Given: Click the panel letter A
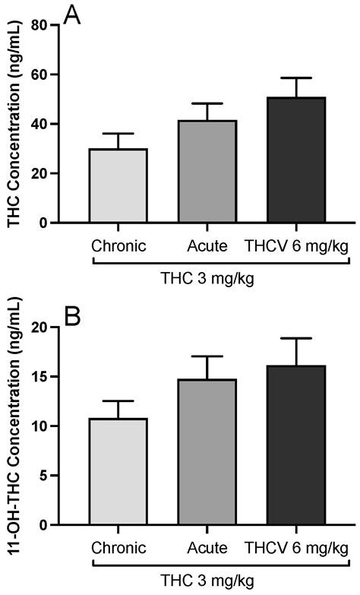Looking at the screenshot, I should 73,15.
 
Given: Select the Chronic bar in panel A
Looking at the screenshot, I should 118,185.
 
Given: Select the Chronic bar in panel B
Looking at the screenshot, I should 118,471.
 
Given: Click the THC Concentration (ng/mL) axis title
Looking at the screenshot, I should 13,124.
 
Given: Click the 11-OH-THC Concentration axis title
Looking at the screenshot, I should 13,426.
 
